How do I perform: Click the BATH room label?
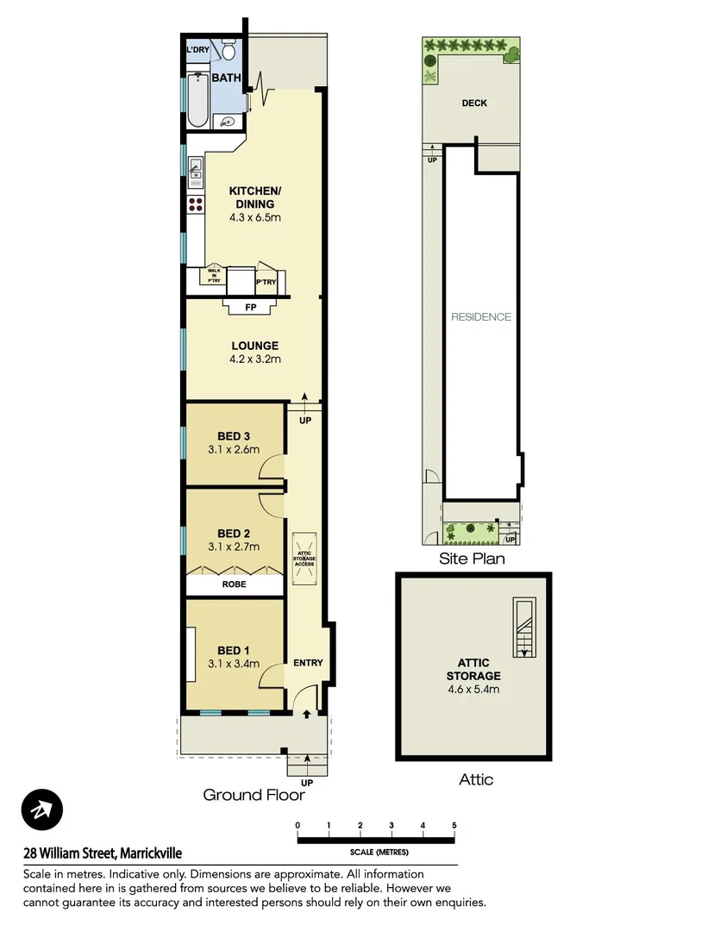tap(226, 78)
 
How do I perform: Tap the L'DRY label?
tap(198, 50)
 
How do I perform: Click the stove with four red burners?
tap(196, 204)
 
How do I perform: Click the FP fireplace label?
tap(251, 307)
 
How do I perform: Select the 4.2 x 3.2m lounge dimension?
tap(254, 359)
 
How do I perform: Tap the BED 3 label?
tap(234, 435)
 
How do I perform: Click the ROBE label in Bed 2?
tap(234, 584)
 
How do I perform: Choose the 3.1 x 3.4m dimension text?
tap(234, 664)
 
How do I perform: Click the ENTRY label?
tap(308, 663)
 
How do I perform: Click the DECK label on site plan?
tap(473, 103)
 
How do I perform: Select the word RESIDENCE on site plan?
tap(481, 316)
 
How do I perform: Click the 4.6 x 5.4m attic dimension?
tap(473, 689)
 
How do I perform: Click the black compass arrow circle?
tap(42, 810)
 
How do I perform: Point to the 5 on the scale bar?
tap(454, 825)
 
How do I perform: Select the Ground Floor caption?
tap(254, 795)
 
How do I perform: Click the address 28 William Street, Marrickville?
tap(103, 853)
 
